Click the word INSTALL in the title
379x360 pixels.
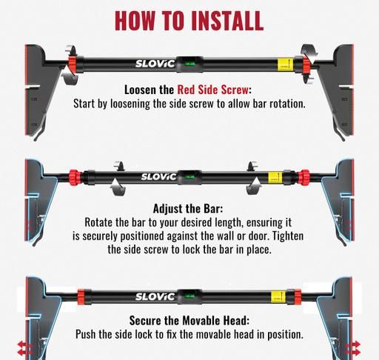coord(227,21)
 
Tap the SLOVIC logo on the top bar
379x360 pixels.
coord(155,64)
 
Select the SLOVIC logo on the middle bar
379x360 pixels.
coord(159,176)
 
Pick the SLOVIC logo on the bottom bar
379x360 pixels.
coord(155,296)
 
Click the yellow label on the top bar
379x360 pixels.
coord(286,64)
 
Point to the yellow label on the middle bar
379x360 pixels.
coord(275,178)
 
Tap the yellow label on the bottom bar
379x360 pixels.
coord(278,296)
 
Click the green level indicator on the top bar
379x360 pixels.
coord(189,64)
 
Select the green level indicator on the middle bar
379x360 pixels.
coord(189,177)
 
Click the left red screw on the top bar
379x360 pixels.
coord(72,64)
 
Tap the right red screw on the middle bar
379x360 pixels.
coord(303,177)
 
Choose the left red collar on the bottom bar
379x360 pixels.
coord(81,296)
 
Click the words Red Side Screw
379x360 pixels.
coord(213,90)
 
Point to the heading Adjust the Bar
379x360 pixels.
coord(188,209)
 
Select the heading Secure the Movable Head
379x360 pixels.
coord(189,321)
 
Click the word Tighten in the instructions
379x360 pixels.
coord(288,236)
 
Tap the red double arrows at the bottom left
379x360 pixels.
coord(24,348)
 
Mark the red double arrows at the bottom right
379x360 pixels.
coord(353,348)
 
